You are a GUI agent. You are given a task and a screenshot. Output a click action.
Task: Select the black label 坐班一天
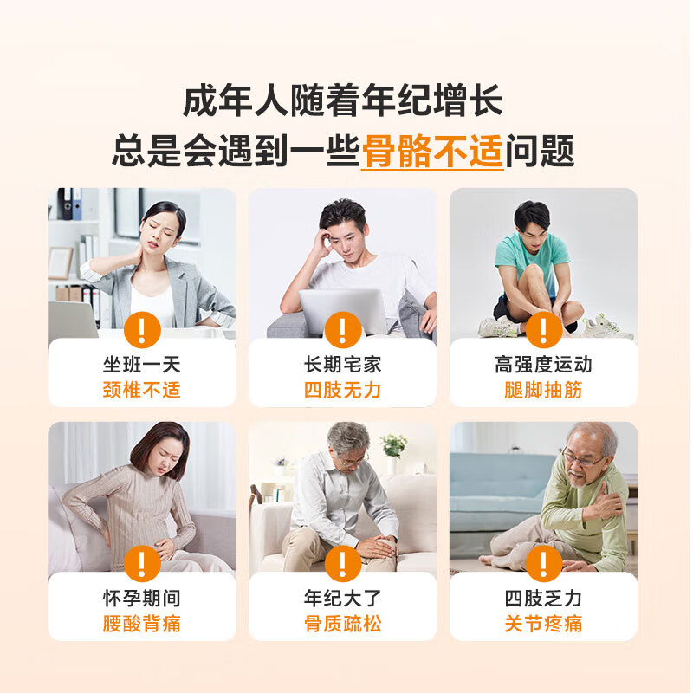(142, 365)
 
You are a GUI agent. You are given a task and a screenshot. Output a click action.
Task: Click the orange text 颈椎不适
(142, 390)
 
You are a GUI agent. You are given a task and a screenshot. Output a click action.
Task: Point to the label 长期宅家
(343, 365)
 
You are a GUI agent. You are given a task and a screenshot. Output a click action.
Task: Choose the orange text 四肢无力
(343, 390)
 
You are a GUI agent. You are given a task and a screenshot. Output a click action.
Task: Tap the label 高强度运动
(543, 365)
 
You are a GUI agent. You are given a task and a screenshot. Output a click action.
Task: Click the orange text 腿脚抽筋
(543, 390)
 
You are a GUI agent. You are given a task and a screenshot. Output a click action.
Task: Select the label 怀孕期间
(142, 599)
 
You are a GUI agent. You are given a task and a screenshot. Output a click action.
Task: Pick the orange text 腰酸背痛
(142, 624)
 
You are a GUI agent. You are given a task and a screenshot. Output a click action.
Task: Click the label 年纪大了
(343, 599)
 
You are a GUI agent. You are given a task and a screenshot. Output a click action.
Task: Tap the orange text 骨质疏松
(343, 624)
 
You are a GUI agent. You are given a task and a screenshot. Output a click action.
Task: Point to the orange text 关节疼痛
(543, 624)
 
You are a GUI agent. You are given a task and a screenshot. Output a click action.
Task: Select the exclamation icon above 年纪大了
(343, 564)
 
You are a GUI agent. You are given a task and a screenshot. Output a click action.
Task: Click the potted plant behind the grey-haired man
(394, 445)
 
